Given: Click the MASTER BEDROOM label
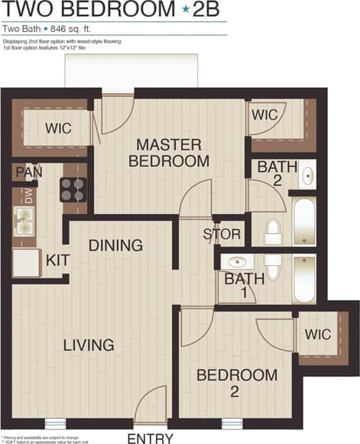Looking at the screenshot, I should [x=169, y=153].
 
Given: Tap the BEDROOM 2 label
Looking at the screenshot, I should [x=236, y=383].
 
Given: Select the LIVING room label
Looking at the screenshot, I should [x=89, y=345].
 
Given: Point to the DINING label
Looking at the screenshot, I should [x=115, y=245].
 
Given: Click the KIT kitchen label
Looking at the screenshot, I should [x=57, y=261].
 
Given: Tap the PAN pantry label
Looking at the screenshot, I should [x=28, y=172].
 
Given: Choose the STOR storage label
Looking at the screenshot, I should [x=222, y=235].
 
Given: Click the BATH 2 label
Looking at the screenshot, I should [x=273, y=173].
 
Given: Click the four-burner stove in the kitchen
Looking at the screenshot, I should [x=73, y=189].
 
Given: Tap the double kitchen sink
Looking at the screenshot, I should [x=24, y=224].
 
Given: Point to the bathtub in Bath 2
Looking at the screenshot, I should [x=303, y=219].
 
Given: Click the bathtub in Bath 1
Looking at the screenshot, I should [x=303, y=278].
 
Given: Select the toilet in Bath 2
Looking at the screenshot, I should [x=273, y=232].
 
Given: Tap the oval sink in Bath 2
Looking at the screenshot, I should [x=308, y=175].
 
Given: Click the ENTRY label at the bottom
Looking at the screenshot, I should [x=151, y=438].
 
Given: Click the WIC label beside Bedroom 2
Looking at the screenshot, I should [x=318, y=334].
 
